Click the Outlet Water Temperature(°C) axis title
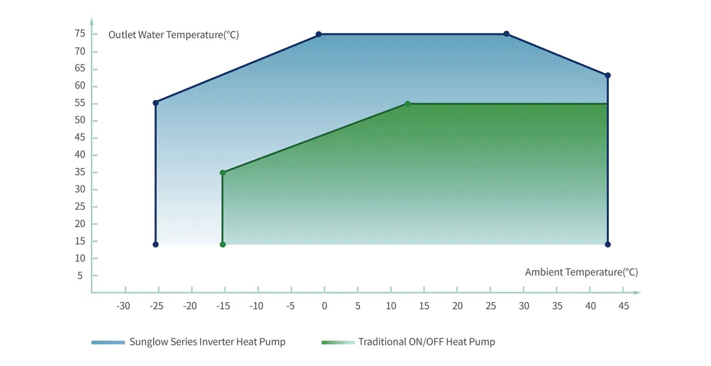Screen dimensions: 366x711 pyautogui.click(x=173, y=35)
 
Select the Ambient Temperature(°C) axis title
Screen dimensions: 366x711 pyautogui.click(x=581, y=272)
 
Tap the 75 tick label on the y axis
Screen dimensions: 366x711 pyautogui.click(x=80, y=34)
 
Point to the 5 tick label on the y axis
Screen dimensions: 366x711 pyautogui.click(x=80, y=276)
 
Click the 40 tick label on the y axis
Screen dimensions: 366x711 pyautogui.click(x=80, y=155)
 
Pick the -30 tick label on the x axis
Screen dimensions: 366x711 pyautogui.click(x=123, y=306)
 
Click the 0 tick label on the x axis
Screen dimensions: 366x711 pyautogui.click(x=324, y=306)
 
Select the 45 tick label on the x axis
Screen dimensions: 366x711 pyautogui.click(x=624, y=306)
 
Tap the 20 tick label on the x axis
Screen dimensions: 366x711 pyautogui.click(x=458, y=306)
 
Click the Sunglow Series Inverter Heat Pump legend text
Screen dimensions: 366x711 pyautogui.click(x=207, y=342)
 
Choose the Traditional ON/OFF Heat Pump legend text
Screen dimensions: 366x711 pyautogui.click(x=427, y=342)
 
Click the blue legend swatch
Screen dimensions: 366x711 pyautogui.click(x=107, y=342)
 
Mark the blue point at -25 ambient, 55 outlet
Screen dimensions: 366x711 pyautogui.click(x=156, y=103)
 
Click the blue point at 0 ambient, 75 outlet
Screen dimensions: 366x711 pyautogui.click(x=319, y=34)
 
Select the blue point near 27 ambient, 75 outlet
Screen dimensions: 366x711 pyautogui.click(x=506, y=34)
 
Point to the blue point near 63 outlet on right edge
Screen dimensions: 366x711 pyautogui.click(x=608, y=76)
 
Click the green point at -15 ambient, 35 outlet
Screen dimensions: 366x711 pyautogui.click(x=222, y=173)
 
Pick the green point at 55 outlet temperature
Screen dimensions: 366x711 pyautogui.click(x=408, y=104)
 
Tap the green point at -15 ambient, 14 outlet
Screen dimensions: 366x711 pyautogui.click(x=222, y=245)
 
